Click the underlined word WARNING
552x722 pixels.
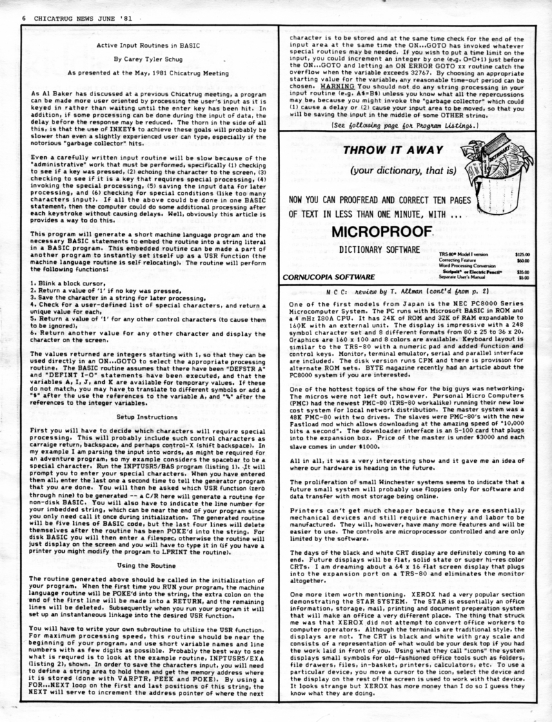(336, 86)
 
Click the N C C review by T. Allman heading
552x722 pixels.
(396, 292)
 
